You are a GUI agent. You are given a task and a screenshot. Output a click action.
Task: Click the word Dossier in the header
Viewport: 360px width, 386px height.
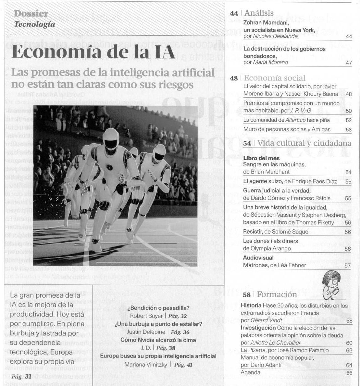click(x=31, y=14)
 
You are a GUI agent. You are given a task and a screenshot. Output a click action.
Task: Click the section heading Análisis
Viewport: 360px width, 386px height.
click(x=259, y=13)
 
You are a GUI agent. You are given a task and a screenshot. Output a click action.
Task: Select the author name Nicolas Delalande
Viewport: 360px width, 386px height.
click(x=275, y=36)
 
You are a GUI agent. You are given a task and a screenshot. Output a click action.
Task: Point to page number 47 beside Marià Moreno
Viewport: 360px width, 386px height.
click(x=349, y=63)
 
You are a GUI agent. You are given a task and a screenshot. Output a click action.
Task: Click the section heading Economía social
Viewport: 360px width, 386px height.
click(x=275, y=78)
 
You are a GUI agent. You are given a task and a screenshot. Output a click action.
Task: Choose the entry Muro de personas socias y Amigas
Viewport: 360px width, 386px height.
click(x=287, y=129)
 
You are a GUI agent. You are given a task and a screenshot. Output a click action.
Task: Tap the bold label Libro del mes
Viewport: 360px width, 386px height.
click(x=261, y=158)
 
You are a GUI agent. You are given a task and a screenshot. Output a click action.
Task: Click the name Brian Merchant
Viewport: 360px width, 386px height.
click(x=270, y=172)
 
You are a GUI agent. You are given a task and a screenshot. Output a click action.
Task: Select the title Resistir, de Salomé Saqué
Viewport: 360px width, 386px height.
click(x=276, y=232)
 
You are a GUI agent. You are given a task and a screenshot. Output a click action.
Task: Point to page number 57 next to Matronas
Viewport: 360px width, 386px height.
click(x=347, y=266)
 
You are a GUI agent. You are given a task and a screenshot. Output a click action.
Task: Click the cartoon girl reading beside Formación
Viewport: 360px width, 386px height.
click(x=332, y=285)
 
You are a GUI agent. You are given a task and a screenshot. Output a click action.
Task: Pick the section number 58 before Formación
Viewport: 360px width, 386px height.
click(x=247, y=295)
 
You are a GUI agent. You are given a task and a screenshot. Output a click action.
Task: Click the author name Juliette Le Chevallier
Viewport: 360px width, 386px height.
click(x=275, y=343)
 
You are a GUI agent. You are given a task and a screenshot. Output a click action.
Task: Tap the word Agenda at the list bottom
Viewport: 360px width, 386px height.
click(x=250, y=372)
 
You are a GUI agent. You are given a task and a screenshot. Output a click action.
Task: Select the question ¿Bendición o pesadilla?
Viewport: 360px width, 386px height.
click(x=158, y=308)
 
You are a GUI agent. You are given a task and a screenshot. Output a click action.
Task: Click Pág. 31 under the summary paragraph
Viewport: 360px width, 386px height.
click(x=21, y=377)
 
